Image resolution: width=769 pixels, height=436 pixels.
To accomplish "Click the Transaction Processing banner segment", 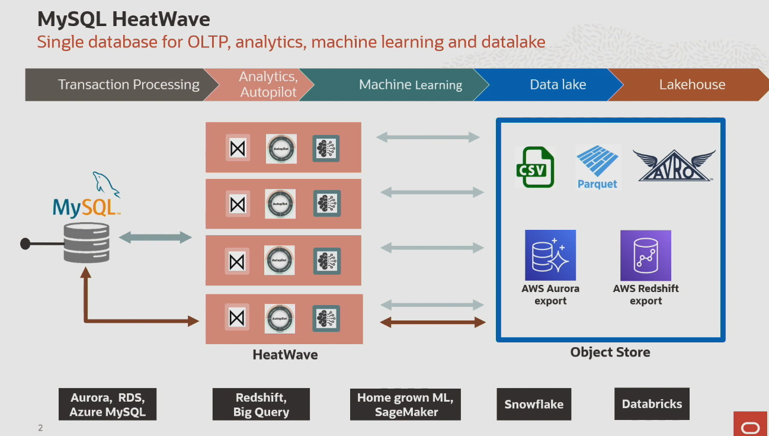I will pos(118,85).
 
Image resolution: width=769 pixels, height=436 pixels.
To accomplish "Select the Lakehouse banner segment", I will pos(692,85).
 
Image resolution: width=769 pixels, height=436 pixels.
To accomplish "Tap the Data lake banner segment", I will pos(557,85).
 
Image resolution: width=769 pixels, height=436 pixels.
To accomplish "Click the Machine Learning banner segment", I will pos(409,85).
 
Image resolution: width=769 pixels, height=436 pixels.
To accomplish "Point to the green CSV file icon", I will pos(534,167).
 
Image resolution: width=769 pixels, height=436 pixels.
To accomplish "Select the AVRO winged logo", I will pos(674,165).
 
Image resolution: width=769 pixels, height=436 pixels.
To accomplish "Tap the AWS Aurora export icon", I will pos(550,255).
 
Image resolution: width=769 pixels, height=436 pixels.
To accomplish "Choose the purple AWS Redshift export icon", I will pos(646,255).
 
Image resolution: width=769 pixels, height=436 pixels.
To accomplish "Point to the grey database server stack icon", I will pos(86,243).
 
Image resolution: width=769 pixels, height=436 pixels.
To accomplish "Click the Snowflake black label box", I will pos(534,405).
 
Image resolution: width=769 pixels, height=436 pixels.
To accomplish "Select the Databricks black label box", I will pos(652,404).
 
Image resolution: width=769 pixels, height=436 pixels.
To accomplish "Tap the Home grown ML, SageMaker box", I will pos(405,405).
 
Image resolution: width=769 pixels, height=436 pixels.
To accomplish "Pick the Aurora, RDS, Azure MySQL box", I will pos(107,405).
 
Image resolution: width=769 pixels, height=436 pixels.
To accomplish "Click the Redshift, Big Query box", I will pos(261,405).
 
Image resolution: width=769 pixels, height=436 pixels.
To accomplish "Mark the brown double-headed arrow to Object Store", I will pos(432,322).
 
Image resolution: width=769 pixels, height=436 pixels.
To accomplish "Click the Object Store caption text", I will pos(610,352).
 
